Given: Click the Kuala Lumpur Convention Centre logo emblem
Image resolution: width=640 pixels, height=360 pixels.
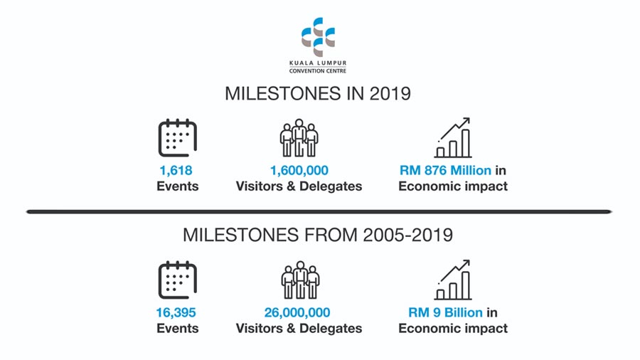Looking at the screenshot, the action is click(318, 37).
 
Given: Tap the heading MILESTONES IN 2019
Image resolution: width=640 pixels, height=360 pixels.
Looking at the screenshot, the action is click(318, 93).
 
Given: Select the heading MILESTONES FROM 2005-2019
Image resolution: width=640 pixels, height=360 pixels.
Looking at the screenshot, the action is click(318, 235).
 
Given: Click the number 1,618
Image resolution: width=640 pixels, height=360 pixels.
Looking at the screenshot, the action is click(176, 171).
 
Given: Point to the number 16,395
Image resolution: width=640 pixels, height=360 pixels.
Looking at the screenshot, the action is click(176, 312).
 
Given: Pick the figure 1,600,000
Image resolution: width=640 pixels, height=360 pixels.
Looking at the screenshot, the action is click(299, 171).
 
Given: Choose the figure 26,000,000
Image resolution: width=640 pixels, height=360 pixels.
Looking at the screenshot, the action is click(297, 312).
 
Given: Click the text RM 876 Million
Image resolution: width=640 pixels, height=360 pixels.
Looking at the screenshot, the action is click(445, 170).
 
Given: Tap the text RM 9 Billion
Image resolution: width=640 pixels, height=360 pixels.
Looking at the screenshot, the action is click(445, 312).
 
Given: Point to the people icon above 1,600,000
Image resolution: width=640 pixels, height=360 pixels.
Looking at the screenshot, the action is click(299, 137).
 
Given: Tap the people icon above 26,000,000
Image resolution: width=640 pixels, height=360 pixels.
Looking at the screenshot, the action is click(300, 280).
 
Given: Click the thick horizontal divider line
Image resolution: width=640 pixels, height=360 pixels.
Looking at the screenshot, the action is click(319, 212).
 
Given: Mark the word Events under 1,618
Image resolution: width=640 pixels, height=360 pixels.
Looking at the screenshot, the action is click(178, 186).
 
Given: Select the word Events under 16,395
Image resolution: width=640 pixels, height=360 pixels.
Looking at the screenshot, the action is click(178, 329).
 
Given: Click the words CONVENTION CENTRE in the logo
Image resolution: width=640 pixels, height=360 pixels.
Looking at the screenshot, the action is click(318, 71).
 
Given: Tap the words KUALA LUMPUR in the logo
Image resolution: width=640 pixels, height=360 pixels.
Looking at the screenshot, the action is click(318, 63).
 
